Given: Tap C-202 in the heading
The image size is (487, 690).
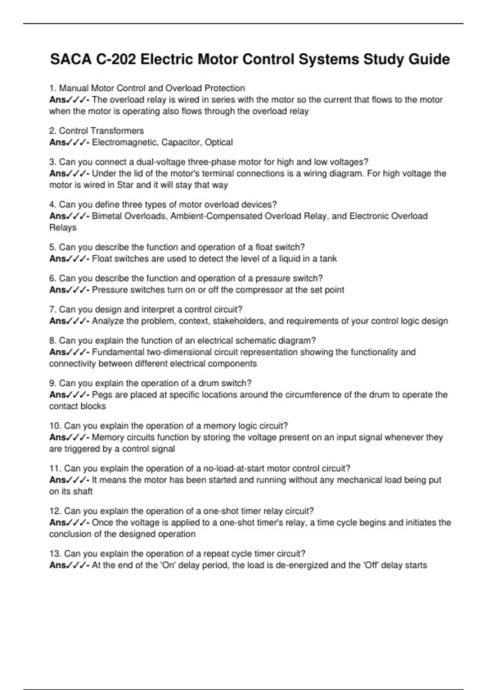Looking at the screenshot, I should [x=116, y=59].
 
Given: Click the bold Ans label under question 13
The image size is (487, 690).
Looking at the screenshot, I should [x=58, y=565].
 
